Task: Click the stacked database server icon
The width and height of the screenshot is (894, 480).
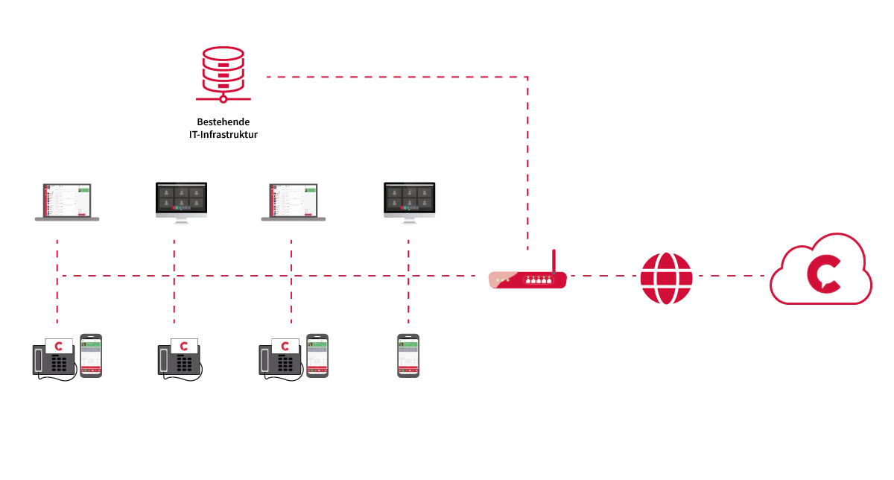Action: [223, 75]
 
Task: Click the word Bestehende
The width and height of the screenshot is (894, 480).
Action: [223, 121]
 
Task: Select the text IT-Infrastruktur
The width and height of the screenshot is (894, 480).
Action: [223, 135]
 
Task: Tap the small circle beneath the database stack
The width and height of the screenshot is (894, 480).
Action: [223, 98]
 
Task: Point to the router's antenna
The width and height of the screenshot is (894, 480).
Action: [554, 262]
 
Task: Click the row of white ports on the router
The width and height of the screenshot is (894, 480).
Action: [539, 280]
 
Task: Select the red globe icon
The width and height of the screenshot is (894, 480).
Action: [666, 278]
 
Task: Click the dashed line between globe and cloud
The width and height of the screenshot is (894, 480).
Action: [732, 276]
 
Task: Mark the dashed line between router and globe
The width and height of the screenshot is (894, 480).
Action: [603, 276]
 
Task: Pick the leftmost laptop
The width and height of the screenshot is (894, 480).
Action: [66, 202]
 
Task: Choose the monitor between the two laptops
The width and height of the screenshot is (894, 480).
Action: [181, 203]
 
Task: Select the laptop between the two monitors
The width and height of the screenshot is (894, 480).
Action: [294, 202]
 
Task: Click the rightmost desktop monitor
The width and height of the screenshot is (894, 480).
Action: [410, 203]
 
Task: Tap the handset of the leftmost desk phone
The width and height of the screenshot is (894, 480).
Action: [38, 360]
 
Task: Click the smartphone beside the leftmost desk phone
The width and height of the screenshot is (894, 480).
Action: [91, 356]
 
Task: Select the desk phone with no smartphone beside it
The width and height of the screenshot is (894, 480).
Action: [180, 359]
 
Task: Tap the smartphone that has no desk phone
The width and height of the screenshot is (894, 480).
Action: [408, 356]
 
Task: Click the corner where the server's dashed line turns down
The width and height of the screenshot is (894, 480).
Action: [527, 77]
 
